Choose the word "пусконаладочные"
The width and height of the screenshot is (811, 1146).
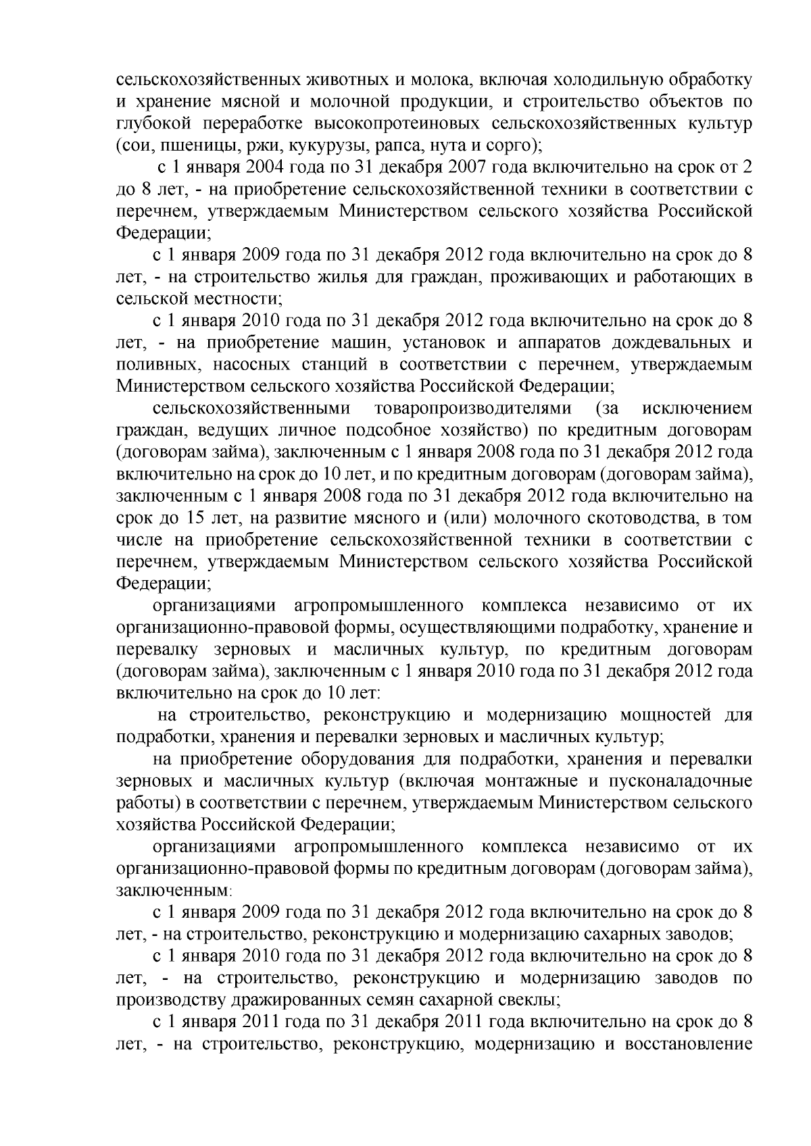click(x=681, y=781)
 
